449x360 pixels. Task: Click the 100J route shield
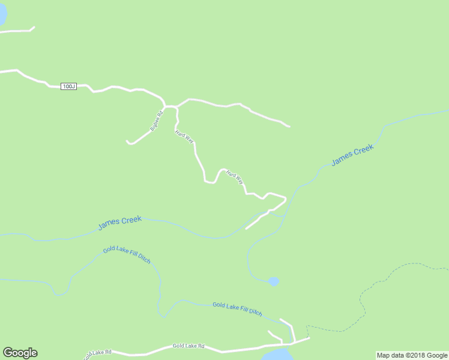click(x=69, y=86)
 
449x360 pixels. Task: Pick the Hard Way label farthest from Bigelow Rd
click(x=235, y=178)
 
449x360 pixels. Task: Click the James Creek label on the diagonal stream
click(x=352, y=155)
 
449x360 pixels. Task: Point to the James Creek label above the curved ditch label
click(x=119, y=223)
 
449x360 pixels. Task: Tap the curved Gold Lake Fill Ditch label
click(x=127, y=254)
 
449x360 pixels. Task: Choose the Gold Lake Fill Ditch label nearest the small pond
click(x=237, y=308)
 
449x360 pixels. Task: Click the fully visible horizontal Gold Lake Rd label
click(x=188, y=346)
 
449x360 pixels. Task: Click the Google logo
click(x=20, y=353)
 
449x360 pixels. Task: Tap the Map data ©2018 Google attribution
click(x=412, y=355)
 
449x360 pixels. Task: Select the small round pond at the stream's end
click(x=274, y=281)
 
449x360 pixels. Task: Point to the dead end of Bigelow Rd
click(x=127, y=142)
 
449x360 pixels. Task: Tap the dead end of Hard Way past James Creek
click(x=246, y=229)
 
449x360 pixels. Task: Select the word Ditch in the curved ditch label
click(x=143, y=258)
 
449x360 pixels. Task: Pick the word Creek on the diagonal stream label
click(x=363, y=150)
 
